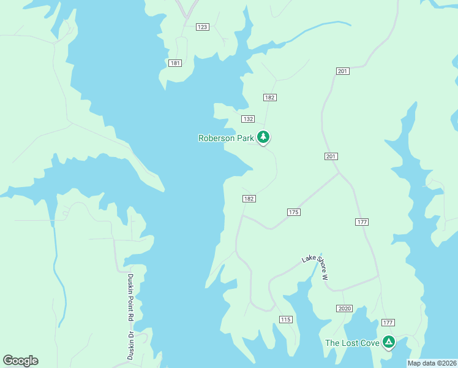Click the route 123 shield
203,27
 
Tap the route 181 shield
175,63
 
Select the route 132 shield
247,119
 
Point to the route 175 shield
293,212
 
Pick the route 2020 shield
344,308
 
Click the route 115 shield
286,320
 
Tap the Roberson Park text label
225,139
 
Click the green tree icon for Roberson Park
263,137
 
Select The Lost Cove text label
352,343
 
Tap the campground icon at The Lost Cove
388,342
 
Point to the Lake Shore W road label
315,268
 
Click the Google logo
20,361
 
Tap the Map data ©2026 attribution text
432,363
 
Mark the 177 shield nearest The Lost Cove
388,323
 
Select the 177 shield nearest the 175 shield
361,221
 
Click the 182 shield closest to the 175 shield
249,199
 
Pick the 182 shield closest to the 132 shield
270,98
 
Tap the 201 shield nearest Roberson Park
331,156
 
